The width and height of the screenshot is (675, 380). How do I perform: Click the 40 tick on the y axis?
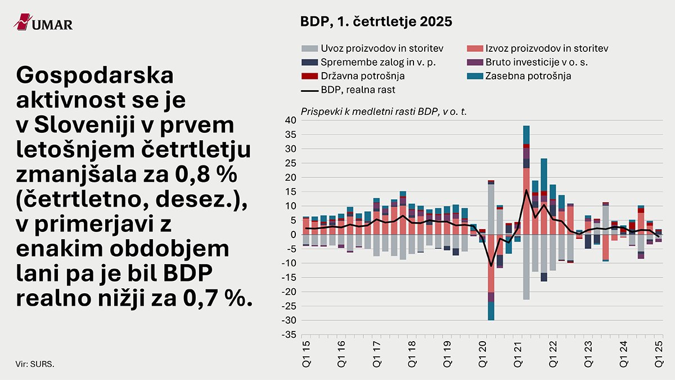(290, 120)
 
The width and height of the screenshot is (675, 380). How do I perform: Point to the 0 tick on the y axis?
(293, 234)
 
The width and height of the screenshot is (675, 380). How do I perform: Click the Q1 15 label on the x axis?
(305, 353)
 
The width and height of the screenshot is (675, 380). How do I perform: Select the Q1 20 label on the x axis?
(483, 353)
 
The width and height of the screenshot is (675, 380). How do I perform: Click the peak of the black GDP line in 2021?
(526, 190)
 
